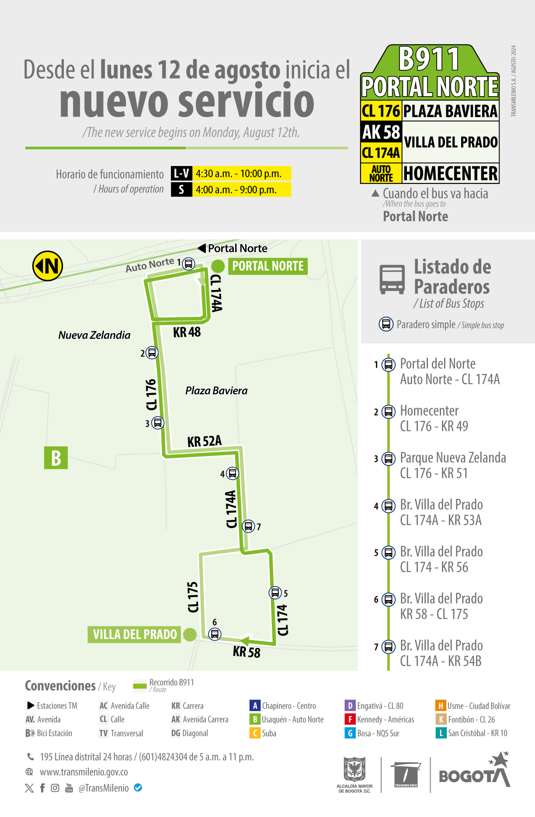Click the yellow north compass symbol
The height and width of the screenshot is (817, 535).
tap(48, 266)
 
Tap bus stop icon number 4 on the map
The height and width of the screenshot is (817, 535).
tap(233, 473)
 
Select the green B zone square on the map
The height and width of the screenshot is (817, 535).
tap(56, 458)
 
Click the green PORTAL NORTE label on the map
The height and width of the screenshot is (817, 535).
tap(267, 266)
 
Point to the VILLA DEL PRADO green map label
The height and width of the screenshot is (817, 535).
tap(135, 634)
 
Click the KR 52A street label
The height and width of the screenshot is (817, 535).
tap(205, 441)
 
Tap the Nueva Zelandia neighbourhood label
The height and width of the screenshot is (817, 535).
tap(94, 335)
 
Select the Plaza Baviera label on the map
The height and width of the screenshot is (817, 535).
tap(216, 391)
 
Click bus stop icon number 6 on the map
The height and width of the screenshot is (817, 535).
tap(215, 634)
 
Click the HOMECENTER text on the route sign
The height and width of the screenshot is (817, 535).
tap(450, 173)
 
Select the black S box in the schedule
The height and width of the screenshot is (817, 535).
tap(181, 190)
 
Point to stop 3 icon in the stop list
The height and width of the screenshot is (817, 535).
tap(388, 459)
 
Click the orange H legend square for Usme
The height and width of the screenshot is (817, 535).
tap(440, 706)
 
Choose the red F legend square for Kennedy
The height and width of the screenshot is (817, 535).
tap(350, 719)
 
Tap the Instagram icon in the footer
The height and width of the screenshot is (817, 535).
tap(55, 788)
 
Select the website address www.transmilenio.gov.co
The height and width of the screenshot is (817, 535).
tap(84, 772)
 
